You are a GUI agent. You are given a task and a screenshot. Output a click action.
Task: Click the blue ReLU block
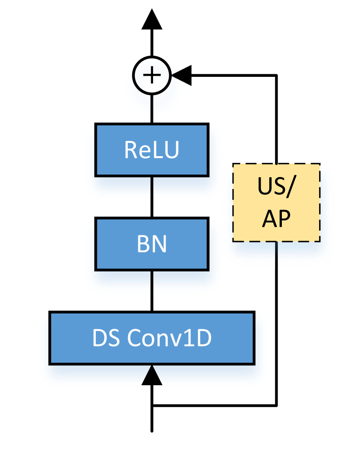coord(152,149)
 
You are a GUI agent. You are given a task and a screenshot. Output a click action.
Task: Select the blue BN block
coord(152,244)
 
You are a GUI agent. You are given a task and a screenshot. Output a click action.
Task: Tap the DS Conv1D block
coord(152,338)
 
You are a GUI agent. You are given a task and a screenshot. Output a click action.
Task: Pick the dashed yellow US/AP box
coord(276,202)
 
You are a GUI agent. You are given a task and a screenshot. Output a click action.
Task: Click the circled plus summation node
coord(152,75)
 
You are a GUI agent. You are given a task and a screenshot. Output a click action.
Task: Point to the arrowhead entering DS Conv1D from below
coord(152,376)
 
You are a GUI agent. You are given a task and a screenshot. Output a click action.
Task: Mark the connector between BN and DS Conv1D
coord(152,290)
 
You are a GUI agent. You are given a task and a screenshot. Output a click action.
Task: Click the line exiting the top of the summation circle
coord(152,53)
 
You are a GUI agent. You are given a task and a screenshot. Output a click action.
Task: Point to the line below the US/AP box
coord(276,255)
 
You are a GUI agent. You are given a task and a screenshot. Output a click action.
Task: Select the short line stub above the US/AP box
coord(276,160)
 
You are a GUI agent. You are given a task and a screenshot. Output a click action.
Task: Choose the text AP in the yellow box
coord(276,219)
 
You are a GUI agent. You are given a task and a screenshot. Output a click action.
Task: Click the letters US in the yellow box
coord(270,187)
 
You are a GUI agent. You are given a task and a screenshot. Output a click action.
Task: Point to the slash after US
coord(289,188)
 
